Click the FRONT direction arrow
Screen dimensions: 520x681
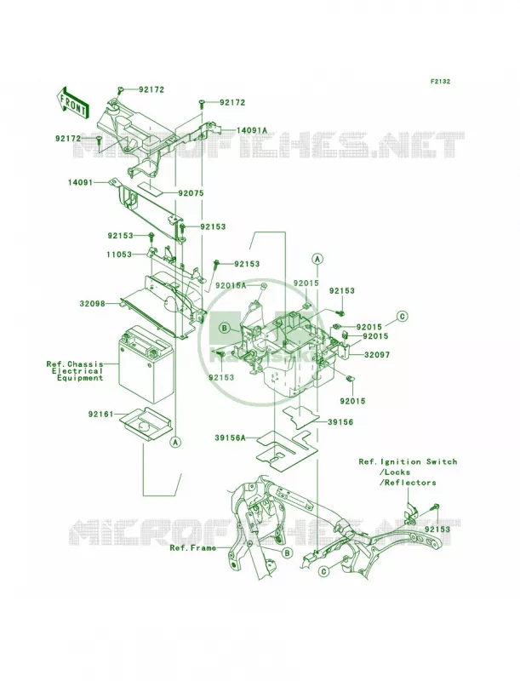tap(72, 102)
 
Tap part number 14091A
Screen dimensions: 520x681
tap(252, 130)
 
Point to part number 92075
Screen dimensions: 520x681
tap(190, 193)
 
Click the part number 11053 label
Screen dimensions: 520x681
tap(118, 255)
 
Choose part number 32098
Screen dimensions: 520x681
tap(93, 304)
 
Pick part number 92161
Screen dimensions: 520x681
tap(100, 415)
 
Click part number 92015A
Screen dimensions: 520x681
tap(231, 285)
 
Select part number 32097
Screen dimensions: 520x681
tap(377, 355)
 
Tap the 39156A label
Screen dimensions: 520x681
tap(230, 438)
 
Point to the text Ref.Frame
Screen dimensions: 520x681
tap(192, 548)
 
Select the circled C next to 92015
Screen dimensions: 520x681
tap(403, 316)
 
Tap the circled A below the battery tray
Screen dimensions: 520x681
tap(175, 442)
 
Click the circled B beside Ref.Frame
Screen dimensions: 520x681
tap(286, 552)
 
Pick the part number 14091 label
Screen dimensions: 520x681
tap(80, 183)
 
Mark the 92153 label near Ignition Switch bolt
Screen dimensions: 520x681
tap(437, 529)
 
